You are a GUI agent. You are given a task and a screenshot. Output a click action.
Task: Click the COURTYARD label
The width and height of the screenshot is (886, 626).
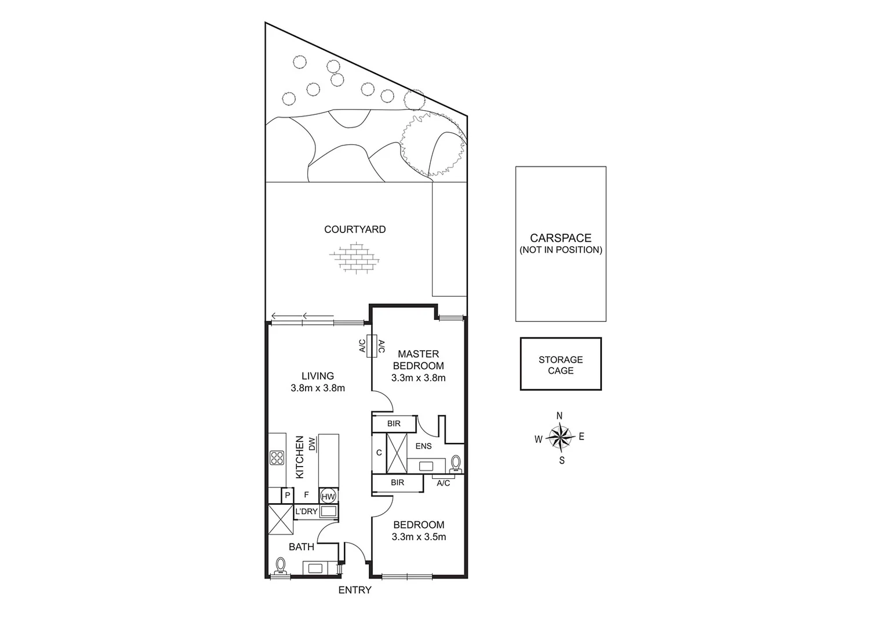coord(354,230)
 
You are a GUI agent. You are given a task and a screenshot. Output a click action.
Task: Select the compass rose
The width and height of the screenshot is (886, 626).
coord(560,438)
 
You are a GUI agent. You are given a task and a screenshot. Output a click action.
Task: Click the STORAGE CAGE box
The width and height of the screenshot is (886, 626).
coord(560,364)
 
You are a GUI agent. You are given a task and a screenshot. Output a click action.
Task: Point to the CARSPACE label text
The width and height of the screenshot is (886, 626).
coord(560,238)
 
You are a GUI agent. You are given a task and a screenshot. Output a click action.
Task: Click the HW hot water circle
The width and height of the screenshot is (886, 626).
coord(328,496)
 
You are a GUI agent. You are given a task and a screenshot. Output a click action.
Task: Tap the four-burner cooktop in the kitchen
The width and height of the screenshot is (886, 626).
coord(277,458)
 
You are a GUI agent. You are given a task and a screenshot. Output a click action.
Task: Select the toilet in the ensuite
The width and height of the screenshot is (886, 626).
coord(456,463)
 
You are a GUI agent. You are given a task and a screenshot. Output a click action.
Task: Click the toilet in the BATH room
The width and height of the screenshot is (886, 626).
coord(282,566)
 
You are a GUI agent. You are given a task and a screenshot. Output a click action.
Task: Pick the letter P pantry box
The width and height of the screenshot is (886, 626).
coord(286,496)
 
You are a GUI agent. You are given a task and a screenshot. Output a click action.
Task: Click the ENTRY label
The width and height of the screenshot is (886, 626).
coord(355,590)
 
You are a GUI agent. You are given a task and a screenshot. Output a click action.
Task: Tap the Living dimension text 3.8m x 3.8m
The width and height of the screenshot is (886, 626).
coord(318,388)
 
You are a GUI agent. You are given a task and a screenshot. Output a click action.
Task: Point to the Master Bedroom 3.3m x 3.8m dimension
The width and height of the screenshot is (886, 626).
coord(418,378)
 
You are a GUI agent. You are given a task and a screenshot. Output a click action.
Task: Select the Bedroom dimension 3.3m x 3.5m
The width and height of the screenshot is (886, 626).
coord(418,537)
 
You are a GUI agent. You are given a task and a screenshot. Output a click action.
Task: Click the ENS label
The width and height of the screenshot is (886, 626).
coord(424,446)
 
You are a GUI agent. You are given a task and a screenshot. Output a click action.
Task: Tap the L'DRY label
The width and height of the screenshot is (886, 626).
coord(306,511)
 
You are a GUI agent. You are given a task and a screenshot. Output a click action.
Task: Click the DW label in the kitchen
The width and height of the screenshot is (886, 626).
coord(312,444)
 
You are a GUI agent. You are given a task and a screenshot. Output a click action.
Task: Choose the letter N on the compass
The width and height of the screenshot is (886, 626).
coord(560,416)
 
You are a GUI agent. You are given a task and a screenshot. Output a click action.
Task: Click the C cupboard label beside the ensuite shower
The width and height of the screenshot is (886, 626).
coord(379,453)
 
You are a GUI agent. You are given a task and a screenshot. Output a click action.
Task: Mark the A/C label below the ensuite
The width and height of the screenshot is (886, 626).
coord(443,483)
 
